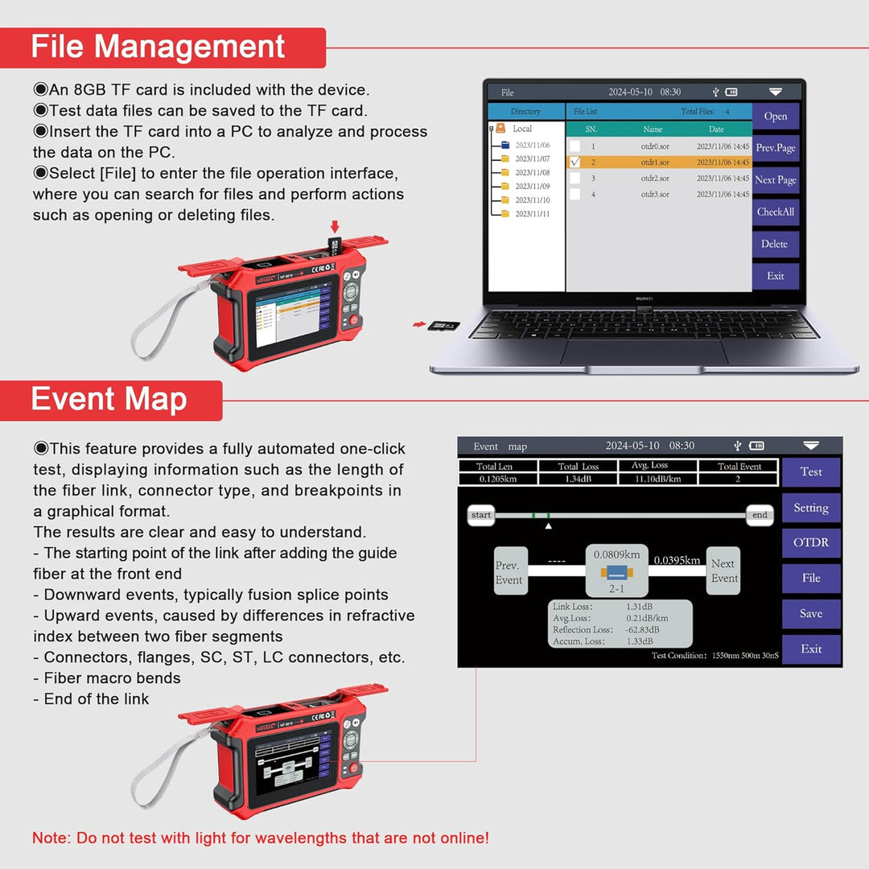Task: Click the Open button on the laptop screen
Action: coord(775,116)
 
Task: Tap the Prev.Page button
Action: coord(775,148)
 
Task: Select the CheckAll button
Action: coord(775,212)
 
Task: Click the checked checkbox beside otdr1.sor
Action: coord(575,162)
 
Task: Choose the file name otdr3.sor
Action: coord(655,194)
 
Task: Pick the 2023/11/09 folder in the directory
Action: coord(532,186)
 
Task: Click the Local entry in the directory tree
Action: coord(521,129)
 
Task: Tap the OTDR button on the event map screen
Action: coord(810,542)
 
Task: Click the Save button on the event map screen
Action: coord(810,613)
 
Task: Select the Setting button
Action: coord(810,508)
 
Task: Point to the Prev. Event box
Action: coord(509,571)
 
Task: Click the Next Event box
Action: coord(724,571)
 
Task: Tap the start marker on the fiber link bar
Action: coord(481,515)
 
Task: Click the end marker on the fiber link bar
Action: coord(760,515)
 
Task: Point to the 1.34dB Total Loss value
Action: coord(579,479)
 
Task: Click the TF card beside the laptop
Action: coord(442,325)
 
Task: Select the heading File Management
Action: coord(159,47)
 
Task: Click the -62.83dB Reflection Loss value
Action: coord(642,629)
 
